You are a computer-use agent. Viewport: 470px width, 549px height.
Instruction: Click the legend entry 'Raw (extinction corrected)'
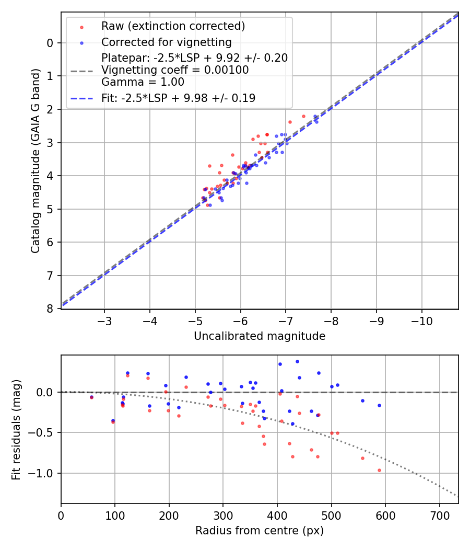[x=173, y=26]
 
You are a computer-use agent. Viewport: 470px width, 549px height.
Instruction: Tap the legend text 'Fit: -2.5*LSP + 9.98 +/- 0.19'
[x=178, y=98]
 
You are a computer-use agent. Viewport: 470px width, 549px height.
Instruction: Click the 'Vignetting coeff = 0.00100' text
[x=175, y=70]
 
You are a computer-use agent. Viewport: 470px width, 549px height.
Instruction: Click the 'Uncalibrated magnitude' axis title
[x=260, y=336]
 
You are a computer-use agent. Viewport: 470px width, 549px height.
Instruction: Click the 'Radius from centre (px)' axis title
[x=260, y=531]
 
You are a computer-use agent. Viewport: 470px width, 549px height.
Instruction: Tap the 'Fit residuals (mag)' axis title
[x=16, y=429]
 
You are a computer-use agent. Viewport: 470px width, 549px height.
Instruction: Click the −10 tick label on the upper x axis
[x=421, y=321]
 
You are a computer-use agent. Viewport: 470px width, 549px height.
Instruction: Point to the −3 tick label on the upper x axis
[x=104, y=321]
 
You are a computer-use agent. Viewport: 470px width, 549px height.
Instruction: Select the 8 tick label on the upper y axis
[x=50, y=308]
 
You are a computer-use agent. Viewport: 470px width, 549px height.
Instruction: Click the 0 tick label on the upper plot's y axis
[x=50, y=43]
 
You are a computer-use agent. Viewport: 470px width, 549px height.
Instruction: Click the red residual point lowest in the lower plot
[x=379, y=470]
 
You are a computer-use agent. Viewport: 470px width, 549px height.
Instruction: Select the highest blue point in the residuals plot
[x=297, y=361]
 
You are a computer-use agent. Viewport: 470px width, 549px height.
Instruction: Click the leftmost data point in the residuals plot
[x=91, y=397]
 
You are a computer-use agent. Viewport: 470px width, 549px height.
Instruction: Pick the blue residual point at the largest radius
[x=379, y=405]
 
